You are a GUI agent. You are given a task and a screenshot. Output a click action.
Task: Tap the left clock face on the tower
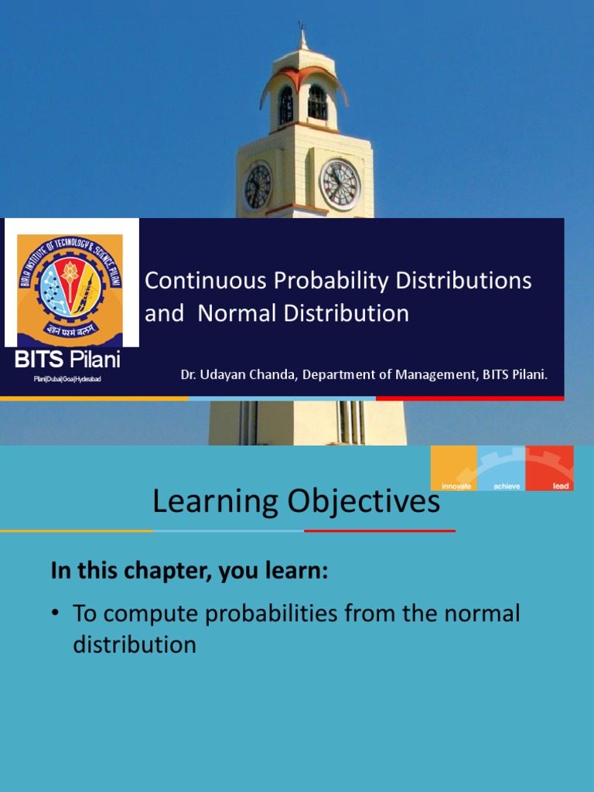(x=258, y=186)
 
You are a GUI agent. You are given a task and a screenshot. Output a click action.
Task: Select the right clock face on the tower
(x=340, y=185)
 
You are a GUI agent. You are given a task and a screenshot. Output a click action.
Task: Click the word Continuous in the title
(x=201, y=281)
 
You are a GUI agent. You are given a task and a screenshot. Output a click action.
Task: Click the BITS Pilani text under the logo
(x=68, y=360)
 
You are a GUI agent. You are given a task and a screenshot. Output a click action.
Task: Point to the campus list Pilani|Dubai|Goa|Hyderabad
(x=68, y=379)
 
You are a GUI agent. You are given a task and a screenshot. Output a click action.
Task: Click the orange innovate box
(x=454, y=469)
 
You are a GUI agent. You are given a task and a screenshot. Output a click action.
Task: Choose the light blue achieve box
(x=501, y=469)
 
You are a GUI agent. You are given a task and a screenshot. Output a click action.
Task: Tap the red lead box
(x=550, y=469)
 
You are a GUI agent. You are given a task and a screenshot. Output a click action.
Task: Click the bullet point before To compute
(x=56, y=613)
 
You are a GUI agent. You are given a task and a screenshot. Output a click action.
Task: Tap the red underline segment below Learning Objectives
(x=380, y=531)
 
